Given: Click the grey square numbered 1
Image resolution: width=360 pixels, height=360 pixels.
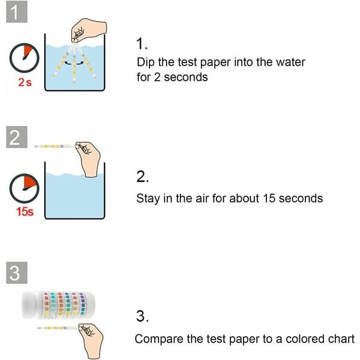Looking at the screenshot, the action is coord(17,12).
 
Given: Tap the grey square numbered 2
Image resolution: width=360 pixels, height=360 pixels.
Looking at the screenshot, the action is coord(17,137).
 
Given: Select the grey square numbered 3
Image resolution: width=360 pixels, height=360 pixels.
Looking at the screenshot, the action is coord(17,273).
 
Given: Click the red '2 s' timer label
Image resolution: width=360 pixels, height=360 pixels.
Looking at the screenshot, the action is coord(25,82).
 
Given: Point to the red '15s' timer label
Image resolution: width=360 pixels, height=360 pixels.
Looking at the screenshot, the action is coord(25,211).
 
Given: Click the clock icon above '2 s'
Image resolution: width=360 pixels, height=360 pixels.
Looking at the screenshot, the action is coord(24,58).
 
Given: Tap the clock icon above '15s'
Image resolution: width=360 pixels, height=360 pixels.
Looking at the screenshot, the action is coord(24,188).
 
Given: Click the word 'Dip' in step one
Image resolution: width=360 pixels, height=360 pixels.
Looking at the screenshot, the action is coord(145,62).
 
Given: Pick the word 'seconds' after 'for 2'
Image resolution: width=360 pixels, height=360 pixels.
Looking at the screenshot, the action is coord(186,77).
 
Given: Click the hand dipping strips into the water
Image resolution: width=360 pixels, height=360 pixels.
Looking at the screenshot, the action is coord(89,31).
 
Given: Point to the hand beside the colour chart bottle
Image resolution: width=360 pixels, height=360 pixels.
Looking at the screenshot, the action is coord(91,340).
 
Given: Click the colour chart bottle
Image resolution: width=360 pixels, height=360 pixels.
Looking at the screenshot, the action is coord(58,305).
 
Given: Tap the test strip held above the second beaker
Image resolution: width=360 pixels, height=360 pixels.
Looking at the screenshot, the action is coord(55,146).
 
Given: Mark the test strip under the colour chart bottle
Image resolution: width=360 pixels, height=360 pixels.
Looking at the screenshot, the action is coord(58,328).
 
